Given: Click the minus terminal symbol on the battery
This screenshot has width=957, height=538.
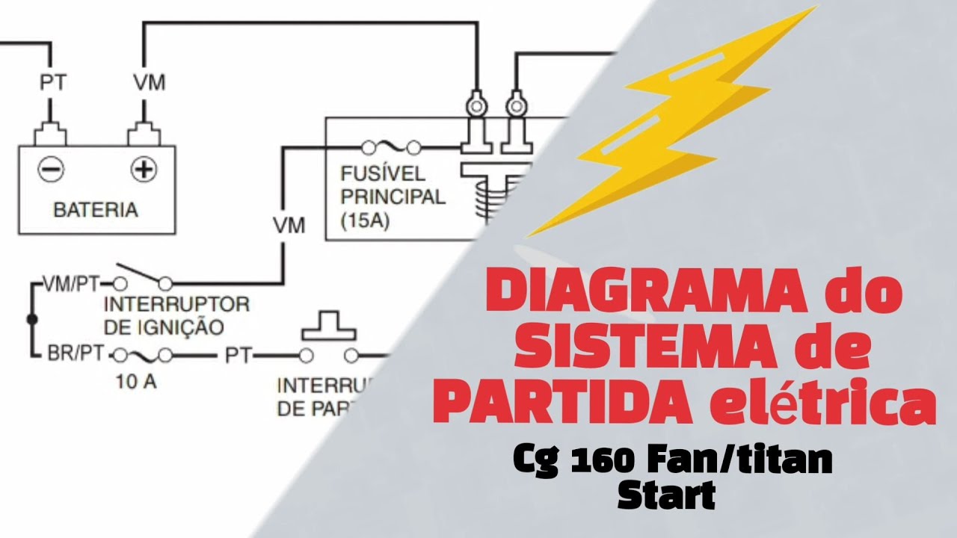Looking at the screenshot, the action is [52, 170].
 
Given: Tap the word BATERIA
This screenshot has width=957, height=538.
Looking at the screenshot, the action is [96, 210].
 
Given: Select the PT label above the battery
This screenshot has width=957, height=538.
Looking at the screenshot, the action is [52, 82].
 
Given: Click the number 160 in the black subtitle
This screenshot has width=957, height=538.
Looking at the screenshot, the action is [617, 461].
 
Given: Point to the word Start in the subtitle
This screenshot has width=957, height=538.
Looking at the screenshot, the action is [665, 495].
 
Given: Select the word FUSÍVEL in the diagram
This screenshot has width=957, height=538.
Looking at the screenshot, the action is [381, 174].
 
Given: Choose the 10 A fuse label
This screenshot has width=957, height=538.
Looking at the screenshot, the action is [136, 382].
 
